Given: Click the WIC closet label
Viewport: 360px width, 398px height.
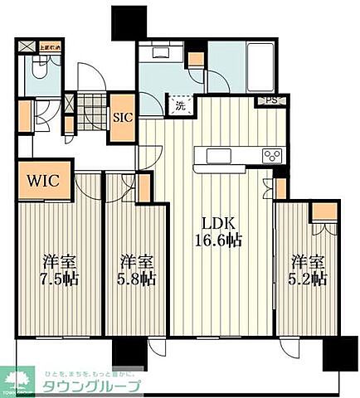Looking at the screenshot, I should click(x=41, y=180).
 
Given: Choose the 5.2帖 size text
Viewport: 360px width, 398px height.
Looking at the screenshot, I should click(x=309, y=279).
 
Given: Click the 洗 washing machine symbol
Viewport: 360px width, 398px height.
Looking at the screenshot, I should click(x=181, y=105).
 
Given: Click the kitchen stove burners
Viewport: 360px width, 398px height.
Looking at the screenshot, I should click(x=272, y=155).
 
